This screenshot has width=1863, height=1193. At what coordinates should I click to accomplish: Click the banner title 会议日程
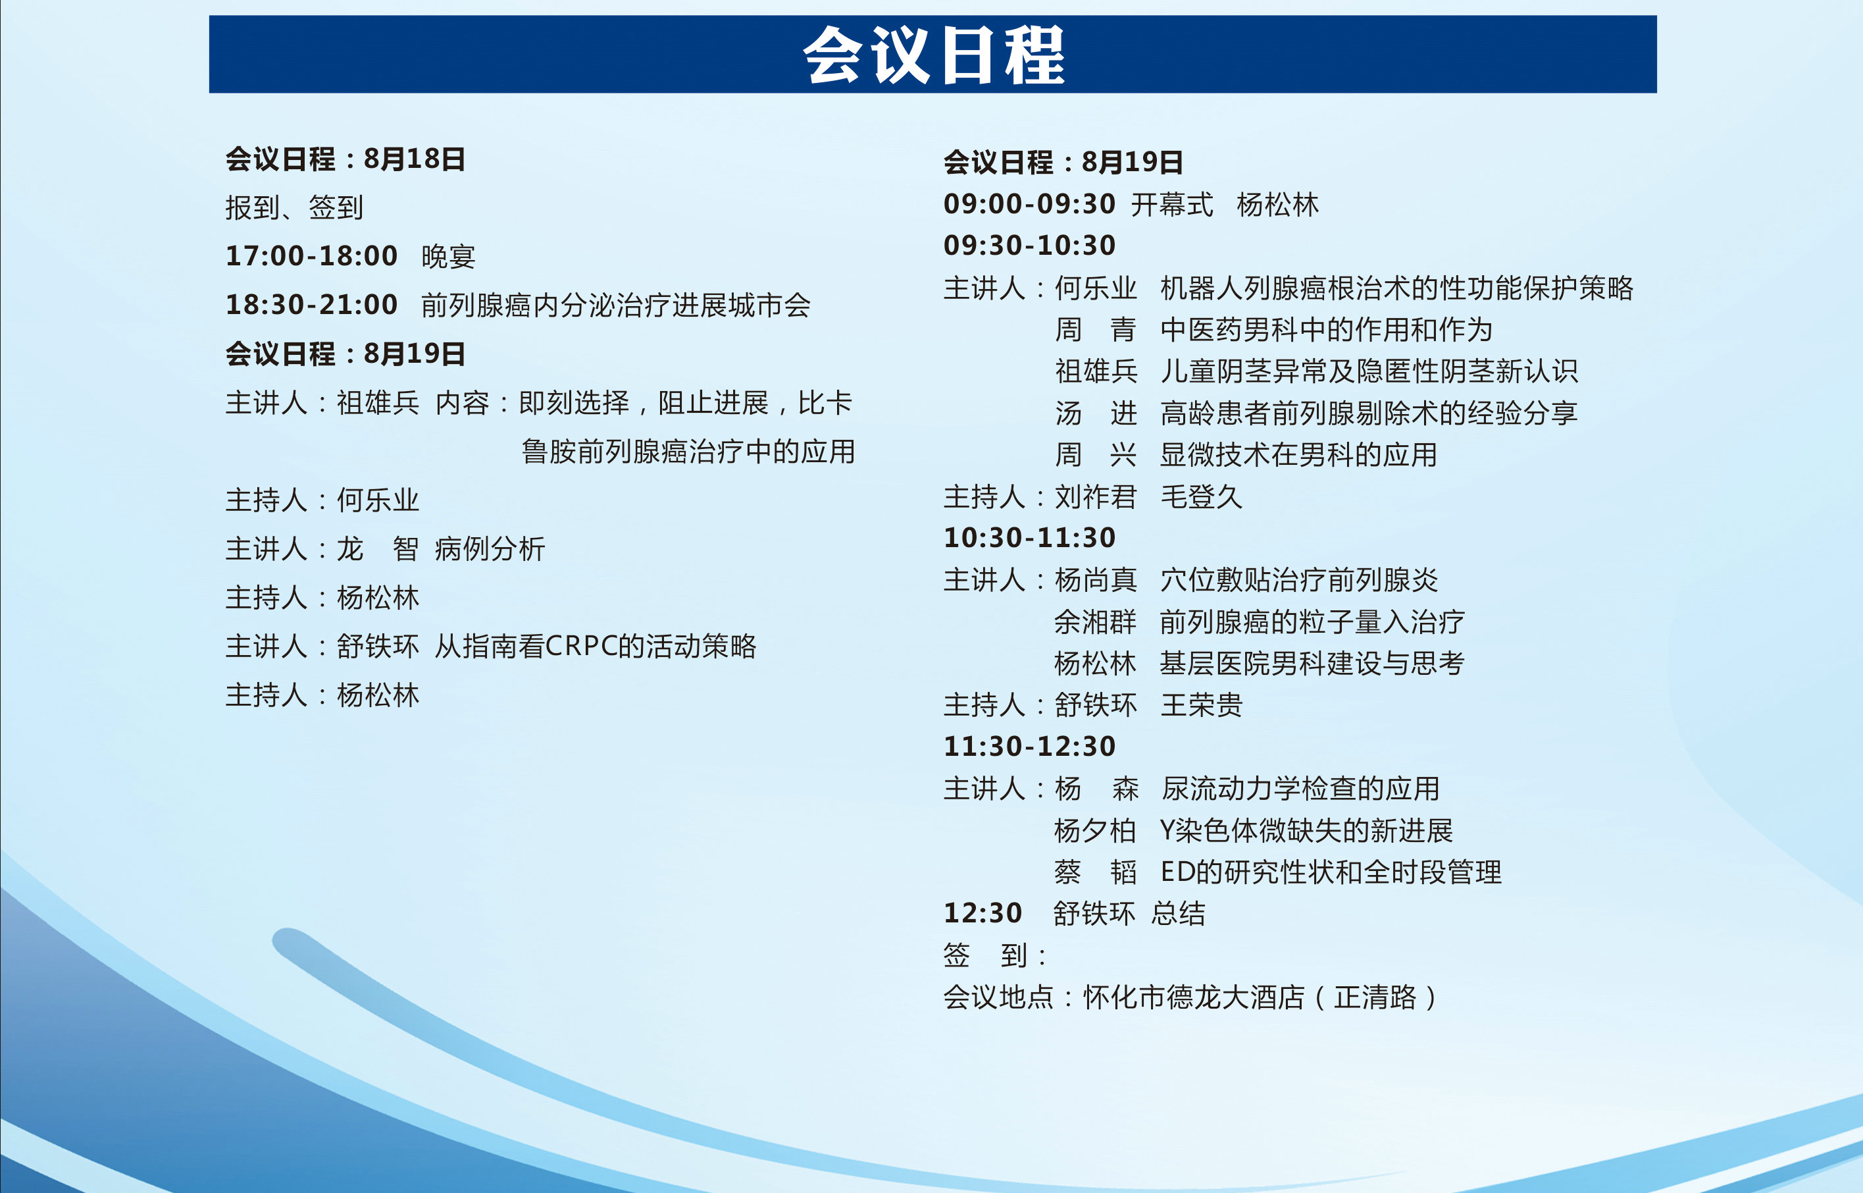point(933,54)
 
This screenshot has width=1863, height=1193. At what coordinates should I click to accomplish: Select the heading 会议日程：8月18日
point(345,159)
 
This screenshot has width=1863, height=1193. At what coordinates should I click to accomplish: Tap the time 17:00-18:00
point(311,255)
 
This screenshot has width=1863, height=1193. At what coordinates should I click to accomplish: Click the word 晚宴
point(448,256)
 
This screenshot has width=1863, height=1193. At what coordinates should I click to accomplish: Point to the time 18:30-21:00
point(311,304)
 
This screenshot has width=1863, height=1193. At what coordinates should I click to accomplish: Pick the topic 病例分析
point(490,548)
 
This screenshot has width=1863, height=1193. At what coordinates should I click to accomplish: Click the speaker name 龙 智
point(378,548)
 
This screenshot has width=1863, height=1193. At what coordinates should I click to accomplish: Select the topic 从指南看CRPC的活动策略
point(596,646)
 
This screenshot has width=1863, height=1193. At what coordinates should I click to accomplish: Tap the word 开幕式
point(1172,205)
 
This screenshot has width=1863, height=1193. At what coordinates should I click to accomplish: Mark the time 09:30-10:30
point(1029,246)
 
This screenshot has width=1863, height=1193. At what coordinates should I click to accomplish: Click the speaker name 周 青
point(1096,329)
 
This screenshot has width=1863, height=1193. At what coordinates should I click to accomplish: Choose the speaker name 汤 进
point(1096,413)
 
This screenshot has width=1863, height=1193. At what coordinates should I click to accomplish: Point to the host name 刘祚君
point(1096,496)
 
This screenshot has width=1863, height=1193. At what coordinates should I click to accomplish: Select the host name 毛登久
point(1202,496)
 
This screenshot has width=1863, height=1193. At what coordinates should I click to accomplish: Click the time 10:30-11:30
point(1029,538)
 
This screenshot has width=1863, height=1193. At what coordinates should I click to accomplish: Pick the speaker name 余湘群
point(1096,622)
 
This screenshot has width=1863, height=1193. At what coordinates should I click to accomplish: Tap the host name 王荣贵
point(1202,705)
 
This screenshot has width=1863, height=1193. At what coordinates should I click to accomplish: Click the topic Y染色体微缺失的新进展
point(1306,830)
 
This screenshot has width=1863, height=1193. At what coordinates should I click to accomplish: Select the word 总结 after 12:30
point(1179,913)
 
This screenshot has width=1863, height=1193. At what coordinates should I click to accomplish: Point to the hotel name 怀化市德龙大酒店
point(1194,997)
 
